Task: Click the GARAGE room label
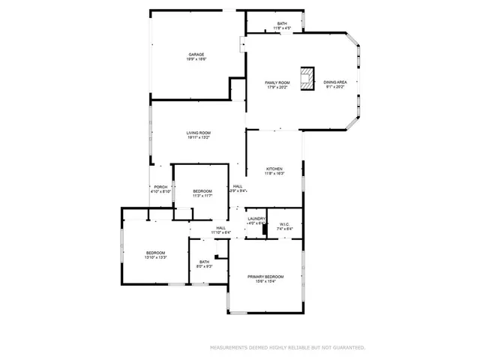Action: click(x=196, y=54)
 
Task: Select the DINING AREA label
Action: click(x=335, y=82)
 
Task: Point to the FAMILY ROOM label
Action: click(x=277, y=82)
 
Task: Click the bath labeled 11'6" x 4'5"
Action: click(x=282, y=24)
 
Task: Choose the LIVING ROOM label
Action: click(x=199, y=133)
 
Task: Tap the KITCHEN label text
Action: click(x=274, y=169)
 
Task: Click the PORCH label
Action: click(x=160, y=187)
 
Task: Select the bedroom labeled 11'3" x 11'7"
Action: click(x=202, y=191)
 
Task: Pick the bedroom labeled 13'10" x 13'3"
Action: click(x=155, y=253)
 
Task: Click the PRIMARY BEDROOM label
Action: click(x=267, y=276)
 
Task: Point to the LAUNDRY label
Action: click(x=256, y=218)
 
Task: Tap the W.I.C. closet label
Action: click(x=285, y=223)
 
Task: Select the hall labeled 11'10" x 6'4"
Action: click(x=221, y=228)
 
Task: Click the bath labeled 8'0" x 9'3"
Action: click(x=204, y=262)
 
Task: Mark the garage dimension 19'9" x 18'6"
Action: click(x=196, y=59)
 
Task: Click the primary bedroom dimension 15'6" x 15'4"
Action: click(x=267, y=281)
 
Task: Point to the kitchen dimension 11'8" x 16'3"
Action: click(x=274, y=175)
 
